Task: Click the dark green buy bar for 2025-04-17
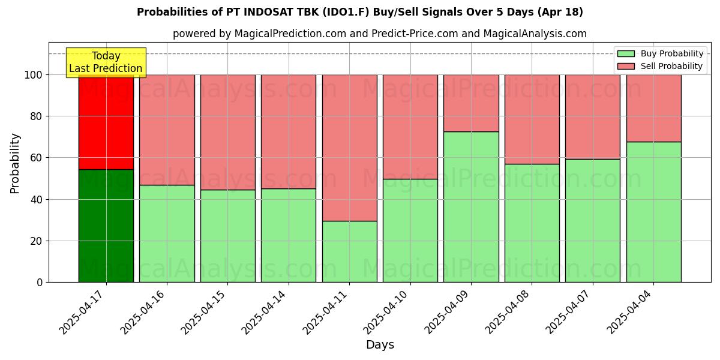[106, 226]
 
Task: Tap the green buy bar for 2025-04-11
[349, 251]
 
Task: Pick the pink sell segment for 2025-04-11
[349, 148]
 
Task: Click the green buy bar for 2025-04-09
[471, 206]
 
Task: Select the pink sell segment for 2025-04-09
[471, 103]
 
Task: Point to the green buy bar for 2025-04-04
[653, 212]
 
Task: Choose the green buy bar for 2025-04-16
[167, 233]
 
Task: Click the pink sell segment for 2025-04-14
[289, 131]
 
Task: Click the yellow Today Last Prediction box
[106, 62]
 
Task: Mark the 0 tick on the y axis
[39, 282]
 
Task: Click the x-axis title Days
[380, 345]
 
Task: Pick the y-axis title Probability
[15, 163]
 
